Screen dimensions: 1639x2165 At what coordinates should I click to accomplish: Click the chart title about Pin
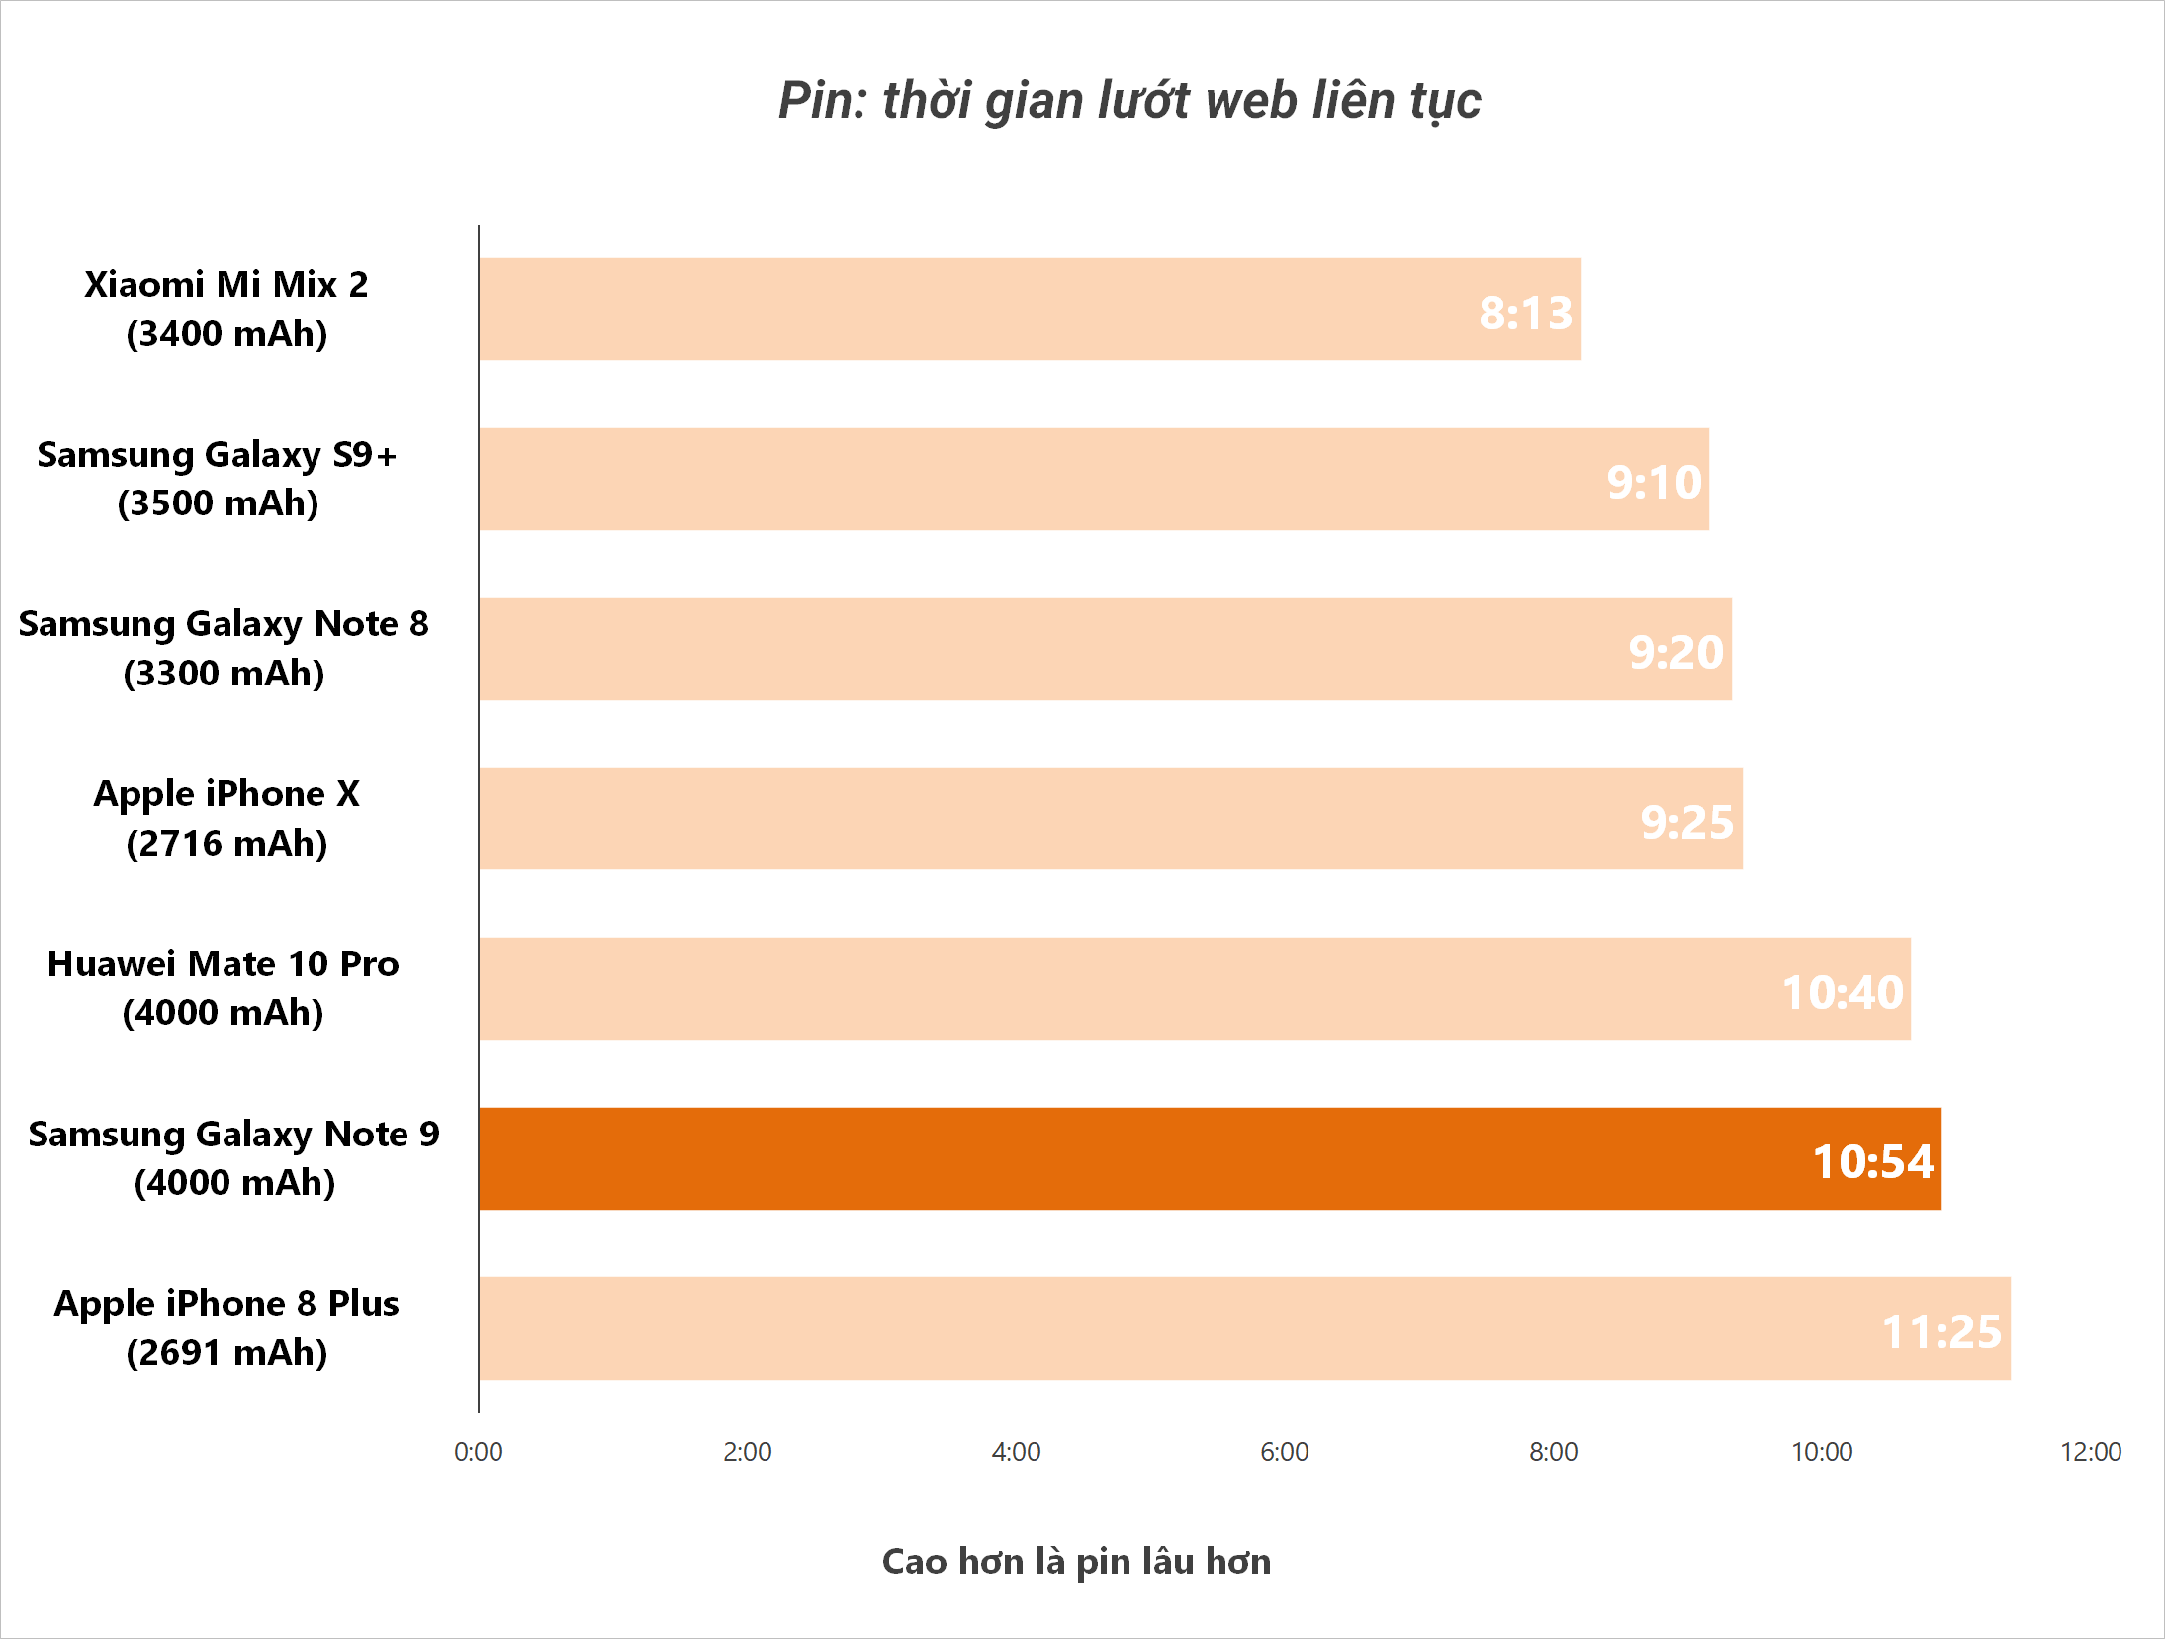(1129, 101)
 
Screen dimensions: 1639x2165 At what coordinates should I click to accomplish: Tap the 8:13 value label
(1525, 313)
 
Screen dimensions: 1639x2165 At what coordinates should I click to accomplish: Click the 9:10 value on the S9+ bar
(1654, 482)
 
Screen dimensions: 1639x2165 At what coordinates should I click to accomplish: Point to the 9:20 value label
(1675, 652)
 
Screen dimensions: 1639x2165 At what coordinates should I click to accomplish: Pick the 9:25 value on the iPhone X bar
(1686, 822)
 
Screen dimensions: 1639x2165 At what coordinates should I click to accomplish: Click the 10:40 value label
(1842, 992)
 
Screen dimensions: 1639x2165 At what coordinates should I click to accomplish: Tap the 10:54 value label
(1872, 1161)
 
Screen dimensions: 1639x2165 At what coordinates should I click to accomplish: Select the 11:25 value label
(1940, 1331)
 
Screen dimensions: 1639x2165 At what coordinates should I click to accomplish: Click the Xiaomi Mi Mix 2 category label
(226, 309)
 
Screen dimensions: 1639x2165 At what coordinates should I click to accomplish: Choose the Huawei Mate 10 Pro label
(224, 987)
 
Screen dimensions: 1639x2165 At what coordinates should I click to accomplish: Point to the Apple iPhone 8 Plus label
(226, 1327)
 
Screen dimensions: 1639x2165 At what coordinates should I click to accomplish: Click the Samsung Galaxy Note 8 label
(224, 648)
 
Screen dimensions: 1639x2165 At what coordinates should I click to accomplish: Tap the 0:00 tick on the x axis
(478, 1451)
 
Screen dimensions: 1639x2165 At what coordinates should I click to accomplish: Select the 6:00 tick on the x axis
(1284, 1451)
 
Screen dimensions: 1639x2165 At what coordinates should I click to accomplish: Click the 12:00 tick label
(2091, 1451)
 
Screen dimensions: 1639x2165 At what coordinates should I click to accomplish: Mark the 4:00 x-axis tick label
(1016, 1451)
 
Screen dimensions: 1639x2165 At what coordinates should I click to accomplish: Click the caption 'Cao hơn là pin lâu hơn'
(1076, 1561)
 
